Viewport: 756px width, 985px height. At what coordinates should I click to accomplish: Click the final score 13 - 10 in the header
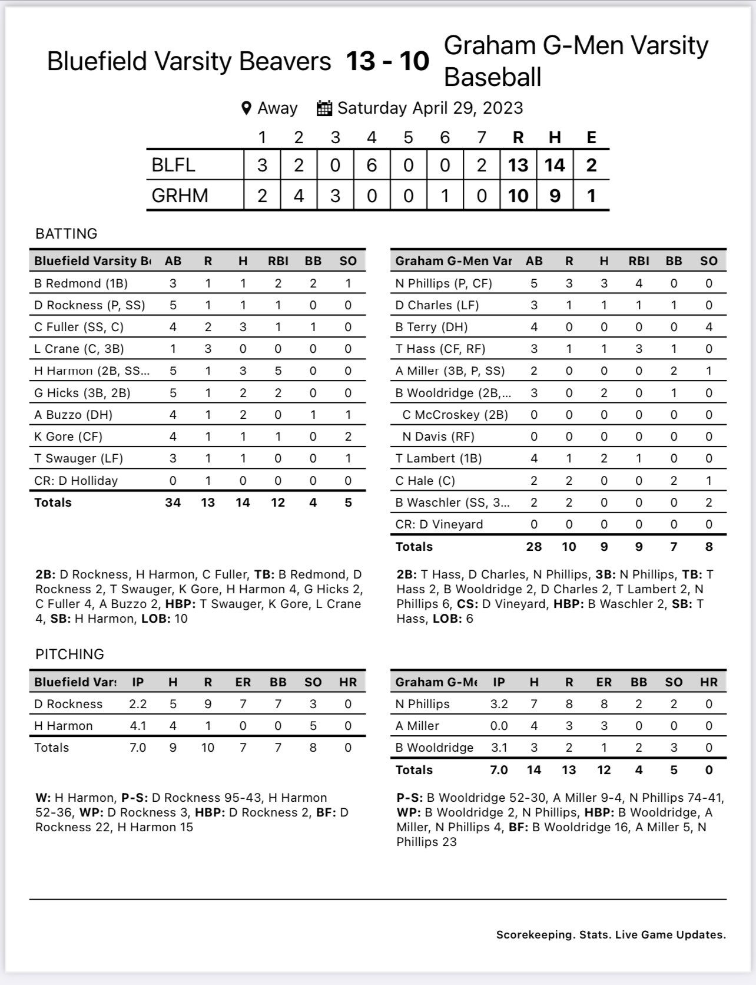click(x=387, y=61)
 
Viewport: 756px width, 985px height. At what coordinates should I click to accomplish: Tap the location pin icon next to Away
click(x=247, y=108)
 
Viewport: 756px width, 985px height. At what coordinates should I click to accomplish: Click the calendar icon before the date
click(x=324, y=108)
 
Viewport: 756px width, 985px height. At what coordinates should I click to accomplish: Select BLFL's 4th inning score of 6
click(x=372, y=165)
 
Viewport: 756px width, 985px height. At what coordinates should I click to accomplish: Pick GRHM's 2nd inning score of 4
click(x=299, y=195)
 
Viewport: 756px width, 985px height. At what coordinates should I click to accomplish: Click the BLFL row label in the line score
click(x=173, y=165)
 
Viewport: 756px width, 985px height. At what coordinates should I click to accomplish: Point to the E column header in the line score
click(x=591, y=137)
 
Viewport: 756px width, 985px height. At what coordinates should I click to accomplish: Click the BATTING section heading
click(x=66, y=234)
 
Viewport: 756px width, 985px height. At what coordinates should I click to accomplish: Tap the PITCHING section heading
click(x=69, y=655)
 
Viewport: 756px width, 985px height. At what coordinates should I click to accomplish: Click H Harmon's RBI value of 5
click(x=278, y=371)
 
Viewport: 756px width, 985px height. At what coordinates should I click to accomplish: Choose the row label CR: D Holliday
click(x=76, y=481)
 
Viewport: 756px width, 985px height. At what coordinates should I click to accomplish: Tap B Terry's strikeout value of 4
click(x=709, y=327)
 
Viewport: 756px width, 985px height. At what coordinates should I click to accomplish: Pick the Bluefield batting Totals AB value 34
click(x=173, y=503)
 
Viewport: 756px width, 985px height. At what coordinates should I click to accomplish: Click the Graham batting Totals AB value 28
click(x=534, y=547)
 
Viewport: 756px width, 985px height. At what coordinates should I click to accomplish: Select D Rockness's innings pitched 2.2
click(x=138, y=704)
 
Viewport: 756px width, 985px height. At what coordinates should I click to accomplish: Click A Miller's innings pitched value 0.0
click(x=499, y=726)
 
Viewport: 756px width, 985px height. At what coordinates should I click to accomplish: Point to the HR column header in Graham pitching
click(x=709, y=682)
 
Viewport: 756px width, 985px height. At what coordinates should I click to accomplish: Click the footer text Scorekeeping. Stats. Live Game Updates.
click(x=611, y=935)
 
